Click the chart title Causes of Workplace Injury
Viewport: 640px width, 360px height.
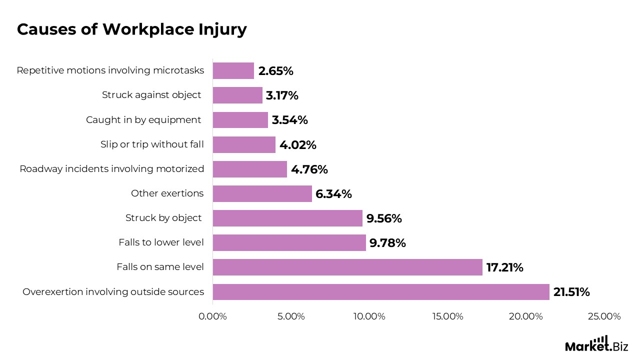[x=131, y=29]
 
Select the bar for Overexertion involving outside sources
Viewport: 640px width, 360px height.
[x=381, y=292]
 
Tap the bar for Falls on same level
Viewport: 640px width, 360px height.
[x=347, y=267]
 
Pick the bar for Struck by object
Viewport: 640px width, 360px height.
[x=287, y=218]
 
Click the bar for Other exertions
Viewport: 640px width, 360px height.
[x=262, y=193]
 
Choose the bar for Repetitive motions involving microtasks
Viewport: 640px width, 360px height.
[x=233, y=70]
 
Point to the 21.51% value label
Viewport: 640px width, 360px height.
[x=571, y=292]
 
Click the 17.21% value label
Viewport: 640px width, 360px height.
[x=505, y=267]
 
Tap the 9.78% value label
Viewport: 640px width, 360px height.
[x=387, y=243]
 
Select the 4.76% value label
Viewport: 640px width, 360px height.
[x=309, y=169]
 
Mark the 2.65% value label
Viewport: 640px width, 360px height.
[x=275, y=70]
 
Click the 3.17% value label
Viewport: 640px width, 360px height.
[x=282, y=95]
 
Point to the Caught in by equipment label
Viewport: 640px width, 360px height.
[x=143, y=120]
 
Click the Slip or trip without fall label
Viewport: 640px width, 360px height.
[x=152, y=144]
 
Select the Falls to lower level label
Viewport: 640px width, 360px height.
[x=161, y=242]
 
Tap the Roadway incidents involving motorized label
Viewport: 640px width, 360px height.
[x=112, y=169]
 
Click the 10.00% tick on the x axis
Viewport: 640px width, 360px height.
[x=369, y=316]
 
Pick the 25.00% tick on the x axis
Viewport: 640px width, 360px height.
[x=604, y=316]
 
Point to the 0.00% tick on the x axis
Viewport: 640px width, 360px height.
[x=212, y=316]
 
